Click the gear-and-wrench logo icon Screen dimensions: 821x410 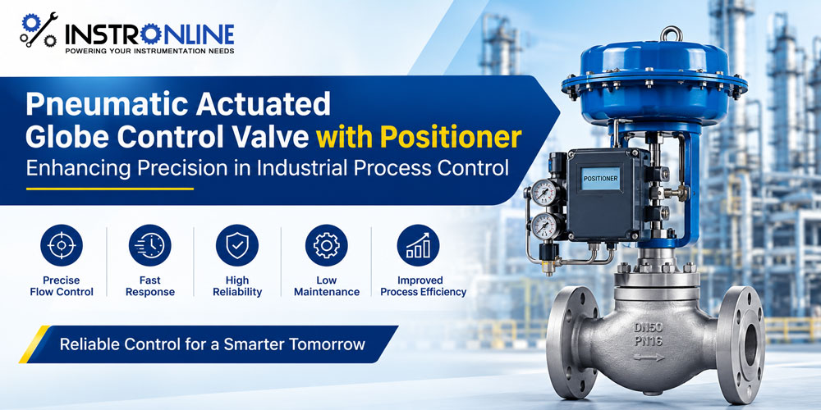tap(39, 30)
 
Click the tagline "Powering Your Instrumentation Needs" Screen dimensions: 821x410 tap(149, 51)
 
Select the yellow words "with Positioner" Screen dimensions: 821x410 tap(419, 137)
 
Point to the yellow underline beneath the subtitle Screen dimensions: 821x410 tap(110, 189)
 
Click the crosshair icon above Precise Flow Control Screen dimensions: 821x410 tap(62, 245)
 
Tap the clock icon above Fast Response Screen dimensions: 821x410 tap(149, 245)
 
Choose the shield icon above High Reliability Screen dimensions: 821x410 tap(237, 245)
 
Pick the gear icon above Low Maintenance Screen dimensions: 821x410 tap(327, 245)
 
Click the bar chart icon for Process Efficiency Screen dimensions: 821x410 tap(418, 245)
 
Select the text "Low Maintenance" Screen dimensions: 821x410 tap(327, 286)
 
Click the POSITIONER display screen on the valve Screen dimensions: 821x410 tap(601, 179)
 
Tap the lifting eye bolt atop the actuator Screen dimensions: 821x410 tap(671, 34)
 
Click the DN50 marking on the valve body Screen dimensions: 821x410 tap(649, 328)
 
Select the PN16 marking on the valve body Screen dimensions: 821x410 tap(649, 342)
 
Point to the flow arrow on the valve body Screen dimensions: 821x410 tap(649, 358)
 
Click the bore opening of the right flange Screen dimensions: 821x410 tap(750, 343)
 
